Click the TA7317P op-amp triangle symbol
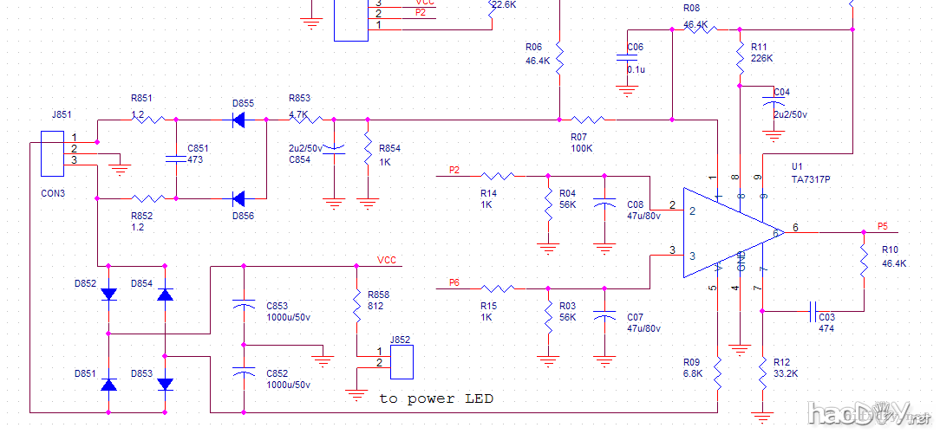point(728,232)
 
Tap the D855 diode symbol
point(239,120)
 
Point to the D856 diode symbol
point(239,198)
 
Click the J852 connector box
point(401,361)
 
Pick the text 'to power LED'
point(436,398)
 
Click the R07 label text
point(578,136)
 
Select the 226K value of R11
point(762,58)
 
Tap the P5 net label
point(882,226)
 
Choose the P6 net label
point(454,282)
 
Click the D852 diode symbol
point(108,295)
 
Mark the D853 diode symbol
point(166,384)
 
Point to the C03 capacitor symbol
point(813,309)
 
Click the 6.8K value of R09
point(691,373)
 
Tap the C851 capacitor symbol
point(176,159)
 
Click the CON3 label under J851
point(53,193)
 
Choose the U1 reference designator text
point(797,165)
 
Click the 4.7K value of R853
point(298,113)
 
